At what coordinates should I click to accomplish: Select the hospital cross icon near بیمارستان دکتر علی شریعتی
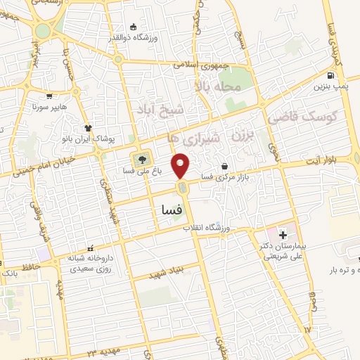coord(283,233)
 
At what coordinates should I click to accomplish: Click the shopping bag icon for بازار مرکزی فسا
coord(224,167)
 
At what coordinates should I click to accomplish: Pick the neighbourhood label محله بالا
coord(219,86)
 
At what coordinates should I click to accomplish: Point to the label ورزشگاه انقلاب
coord(207,229)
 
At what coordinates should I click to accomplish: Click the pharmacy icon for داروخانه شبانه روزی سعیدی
coord(90,248)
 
